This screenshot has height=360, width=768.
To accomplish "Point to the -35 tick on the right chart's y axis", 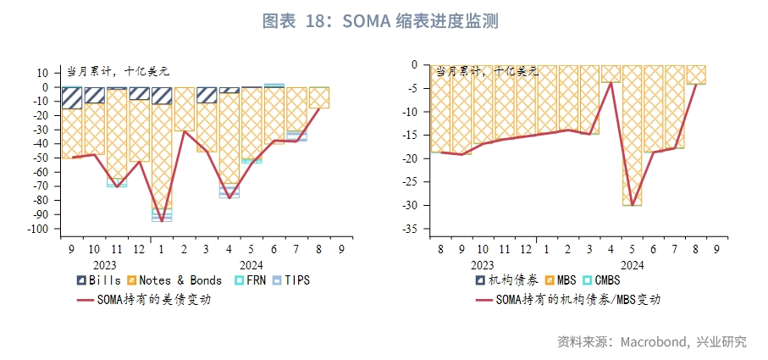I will tap(411, 229).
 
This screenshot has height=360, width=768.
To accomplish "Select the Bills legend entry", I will tap(98, 280).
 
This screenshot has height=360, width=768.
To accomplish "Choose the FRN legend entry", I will tap(251, 280).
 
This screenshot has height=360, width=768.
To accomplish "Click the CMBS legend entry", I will tap(599, 280).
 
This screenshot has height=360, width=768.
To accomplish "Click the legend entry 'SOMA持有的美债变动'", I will tap(144, 299).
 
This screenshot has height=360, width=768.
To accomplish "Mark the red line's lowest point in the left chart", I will tap(161, 221).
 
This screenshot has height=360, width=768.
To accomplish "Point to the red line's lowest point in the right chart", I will tap(632, 204).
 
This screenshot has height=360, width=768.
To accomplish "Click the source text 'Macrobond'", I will tap(650, 342).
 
